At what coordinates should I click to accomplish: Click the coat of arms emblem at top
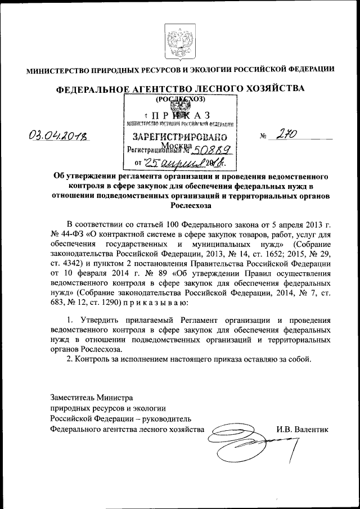click(180, 41)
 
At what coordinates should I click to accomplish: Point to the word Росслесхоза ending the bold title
click(179, 206)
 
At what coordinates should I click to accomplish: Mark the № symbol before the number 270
click(263, 137)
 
